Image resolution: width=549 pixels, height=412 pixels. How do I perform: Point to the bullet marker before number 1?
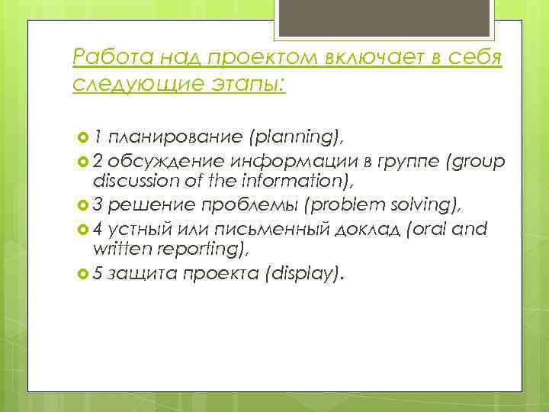click(82, 137)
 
